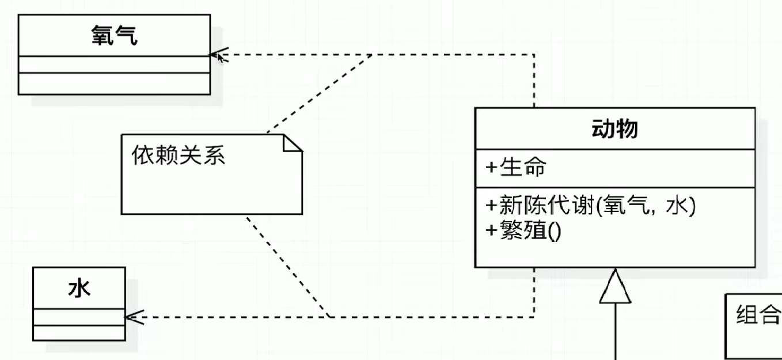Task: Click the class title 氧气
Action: (114, 36)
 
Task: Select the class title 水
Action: (79, 288)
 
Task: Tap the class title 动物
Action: (614, 129)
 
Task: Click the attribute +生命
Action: (516, 168)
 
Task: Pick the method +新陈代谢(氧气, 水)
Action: (591, 206)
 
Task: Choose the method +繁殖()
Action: (523, 232)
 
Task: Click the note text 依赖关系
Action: (179, 155)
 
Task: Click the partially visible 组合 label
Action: (758, 315)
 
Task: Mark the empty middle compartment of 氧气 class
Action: (114, 65)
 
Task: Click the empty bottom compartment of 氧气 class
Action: (114, 84)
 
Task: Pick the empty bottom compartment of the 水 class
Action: (79, 333)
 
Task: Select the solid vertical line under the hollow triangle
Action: (616, 334)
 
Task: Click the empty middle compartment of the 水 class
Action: (79, 317)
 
